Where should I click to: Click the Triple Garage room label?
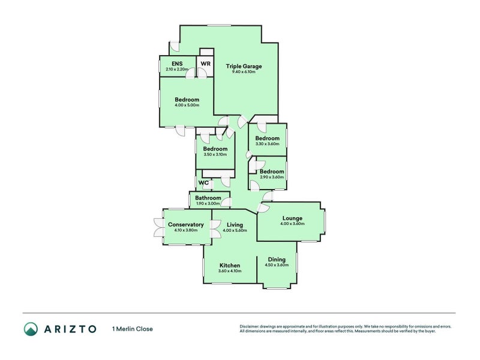[x=243, y=66]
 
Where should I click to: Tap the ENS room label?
[x=176, y=64]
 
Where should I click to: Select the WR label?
[x=205, y=64]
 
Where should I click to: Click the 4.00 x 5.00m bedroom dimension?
[x=187, y=105]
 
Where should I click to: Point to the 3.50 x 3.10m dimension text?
[x=215, y=154]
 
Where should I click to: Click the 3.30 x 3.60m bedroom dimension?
[x=267, y=143]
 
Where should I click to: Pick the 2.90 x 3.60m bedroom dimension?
[x=271, y=176]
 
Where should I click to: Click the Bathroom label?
[x=208, y=197]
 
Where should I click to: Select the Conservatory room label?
[x=185, y=224]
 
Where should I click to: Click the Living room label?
[x=235, y=224]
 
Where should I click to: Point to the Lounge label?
[x=292, y=218]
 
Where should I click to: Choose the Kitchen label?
[x=230, y=265]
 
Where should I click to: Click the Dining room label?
[x=277, y=259]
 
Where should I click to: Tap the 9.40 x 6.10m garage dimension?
[x=243, y=72]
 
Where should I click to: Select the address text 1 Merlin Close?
[x=133, y=329]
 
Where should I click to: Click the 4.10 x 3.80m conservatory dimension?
[x=185, y=230]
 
